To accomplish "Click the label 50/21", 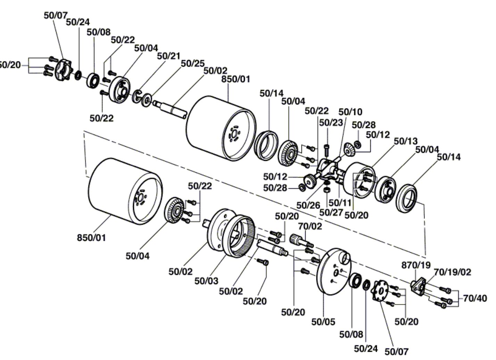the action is coord(169,56).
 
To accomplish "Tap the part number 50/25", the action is coord(193,63).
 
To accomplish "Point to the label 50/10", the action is coord(350,112).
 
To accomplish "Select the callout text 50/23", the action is coord(331,123).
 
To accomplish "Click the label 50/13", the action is coord(406,141).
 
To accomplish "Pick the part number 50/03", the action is coord(206,281).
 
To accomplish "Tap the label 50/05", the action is coord(323,322).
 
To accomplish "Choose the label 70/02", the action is coord(310,226).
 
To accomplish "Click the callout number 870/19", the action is coord(416,265).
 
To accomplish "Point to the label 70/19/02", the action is coord(452,272).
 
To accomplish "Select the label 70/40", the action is coord(475,298).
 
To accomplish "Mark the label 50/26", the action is coord(308,205).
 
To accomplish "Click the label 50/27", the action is coord(331,212).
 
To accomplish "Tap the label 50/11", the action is coord(340,203).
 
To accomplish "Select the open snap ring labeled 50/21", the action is coord(137,96).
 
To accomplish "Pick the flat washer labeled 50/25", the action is coord(147,100).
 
